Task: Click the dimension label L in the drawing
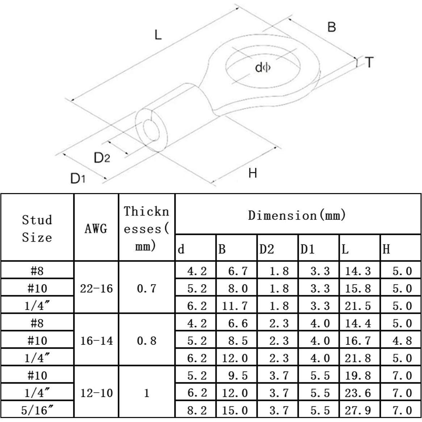click(x=158, y=35)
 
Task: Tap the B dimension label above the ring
click(x=331, y=27)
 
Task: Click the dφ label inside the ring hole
click(x=263, y=67)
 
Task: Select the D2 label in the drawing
click(x=101, y=158)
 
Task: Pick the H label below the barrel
click(x=252, y=173)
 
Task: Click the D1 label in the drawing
click(x=78, y=178)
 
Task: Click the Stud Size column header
click(x=37, y=228)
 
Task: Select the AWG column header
click(x=96, y=229)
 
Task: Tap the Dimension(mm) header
click(x=297, y=216)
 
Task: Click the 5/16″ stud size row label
click(x=37, y=410)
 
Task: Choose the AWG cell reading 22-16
click(x=96, y=289)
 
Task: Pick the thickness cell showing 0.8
click(x=146, y=340)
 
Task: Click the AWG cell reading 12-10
click(x=96, y=393)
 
